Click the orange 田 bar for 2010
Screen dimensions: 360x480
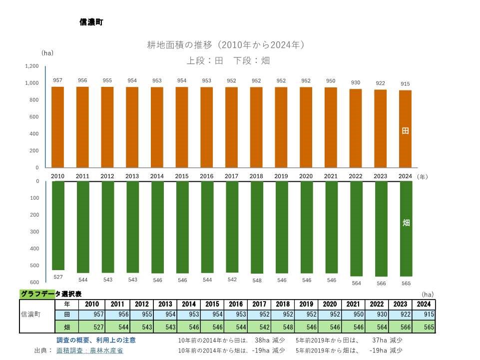58,127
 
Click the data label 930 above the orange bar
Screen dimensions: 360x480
356,82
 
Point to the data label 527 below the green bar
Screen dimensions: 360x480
58,276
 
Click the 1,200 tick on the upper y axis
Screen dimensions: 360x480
31,66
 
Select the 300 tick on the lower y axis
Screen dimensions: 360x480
34,232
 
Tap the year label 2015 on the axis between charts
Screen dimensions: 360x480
182,176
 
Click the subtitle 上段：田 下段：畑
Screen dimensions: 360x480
228,60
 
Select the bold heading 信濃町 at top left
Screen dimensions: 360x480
91,22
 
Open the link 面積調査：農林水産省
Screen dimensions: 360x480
90,351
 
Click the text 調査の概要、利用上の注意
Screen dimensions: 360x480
96,340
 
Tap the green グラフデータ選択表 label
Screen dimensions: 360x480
50,294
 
